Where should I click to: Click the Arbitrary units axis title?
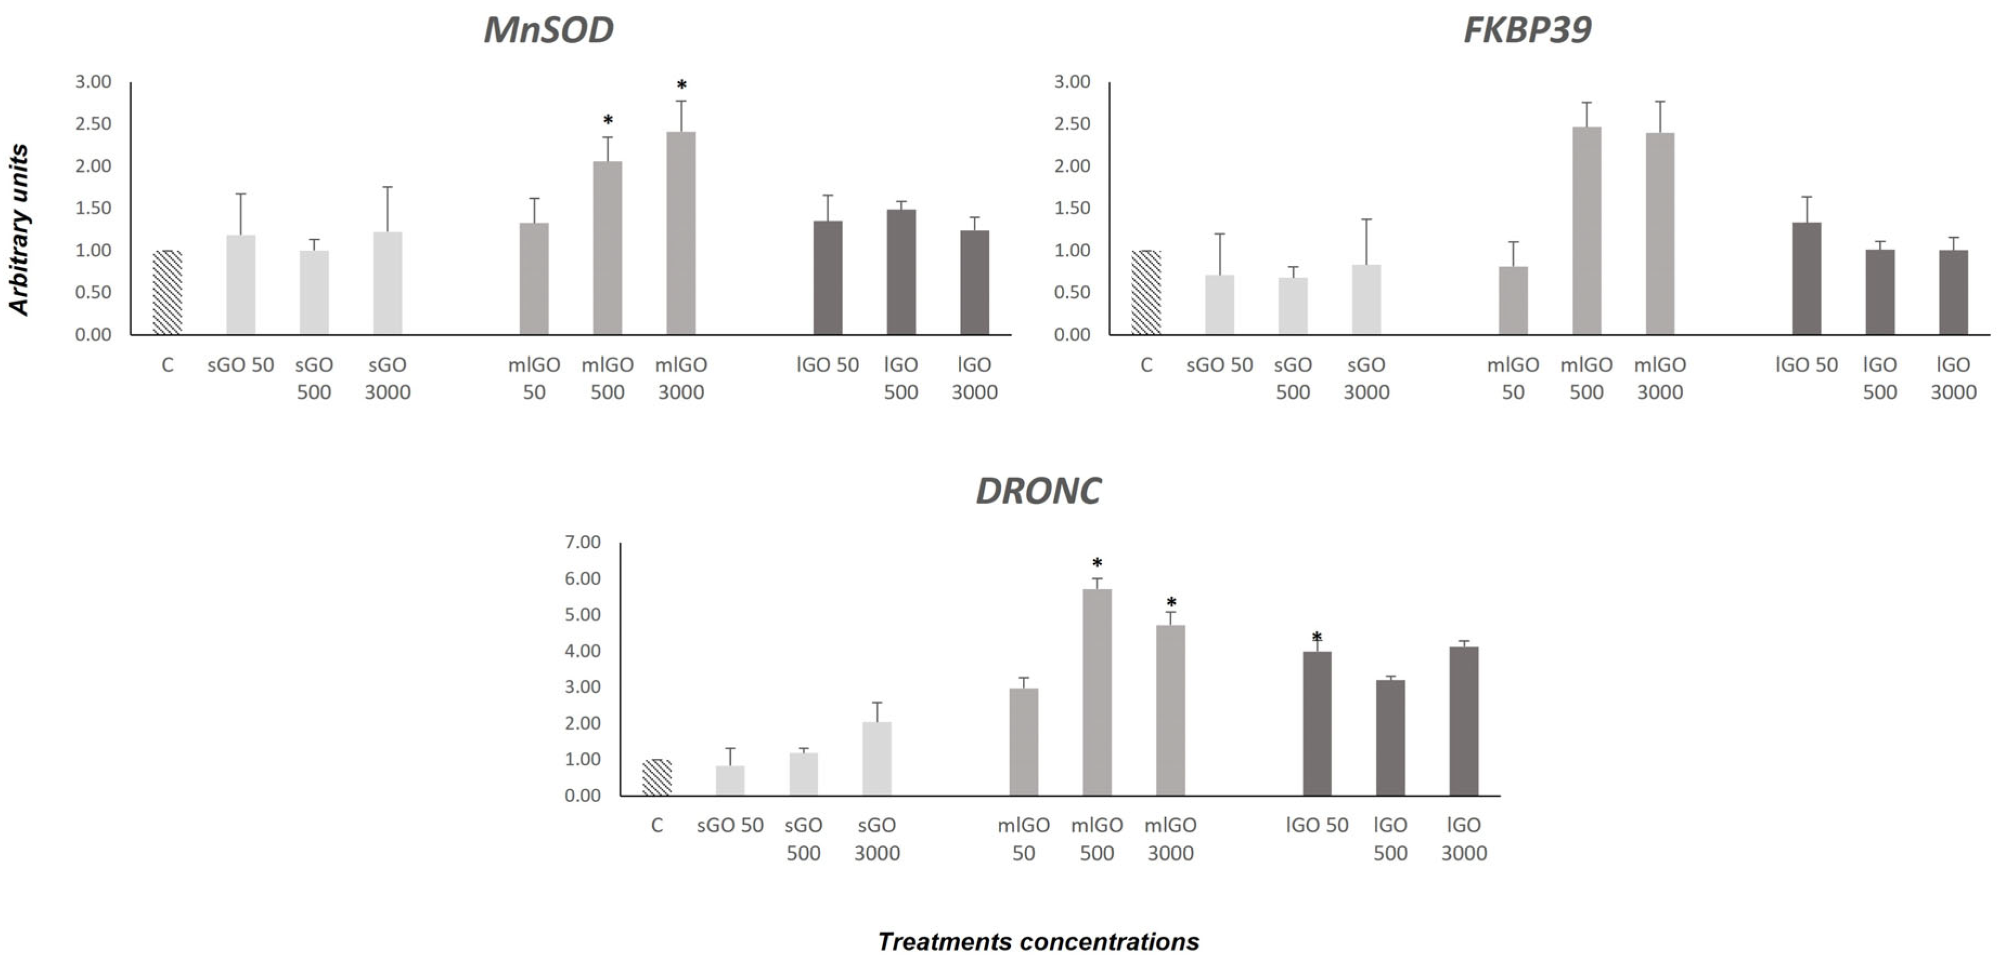pyautogui.click(x=20, y=230)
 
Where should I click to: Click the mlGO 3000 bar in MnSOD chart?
pyautogui.click(x=680, y=235)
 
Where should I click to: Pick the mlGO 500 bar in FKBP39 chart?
pyautogui.click(x=1586, y=231)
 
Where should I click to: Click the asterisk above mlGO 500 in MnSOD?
pyautogui.click(x=608, y=120)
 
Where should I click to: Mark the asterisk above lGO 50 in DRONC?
pyautogui.click(x=1317, y=636)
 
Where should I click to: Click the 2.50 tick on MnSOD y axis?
pyautogui.click(x=93, y=124)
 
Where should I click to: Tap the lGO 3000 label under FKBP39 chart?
pyautogui.click(x=1952, y=379)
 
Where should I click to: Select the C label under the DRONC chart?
pyautogui.click(x=657, y=825)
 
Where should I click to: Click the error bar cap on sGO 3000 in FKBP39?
pyautogui.click(x=1366, y=219)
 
